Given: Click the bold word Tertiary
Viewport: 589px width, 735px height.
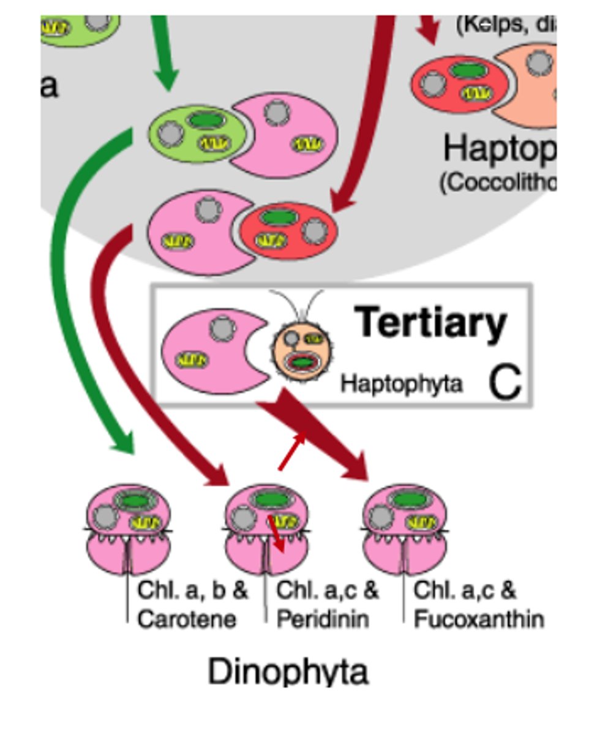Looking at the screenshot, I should (x=430, y=323).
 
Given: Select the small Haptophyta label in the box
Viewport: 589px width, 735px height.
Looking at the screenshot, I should (x=401, y=384).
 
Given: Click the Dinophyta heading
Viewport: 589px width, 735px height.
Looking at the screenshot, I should (x=288, y=672).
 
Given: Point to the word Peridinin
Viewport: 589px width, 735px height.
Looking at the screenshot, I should (x=323, y=619).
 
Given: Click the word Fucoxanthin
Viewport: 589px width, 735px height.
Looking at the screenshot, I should (x=478, y=619).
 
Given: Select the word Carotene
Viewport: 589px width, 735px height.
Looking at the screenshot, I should (x=186, y=619).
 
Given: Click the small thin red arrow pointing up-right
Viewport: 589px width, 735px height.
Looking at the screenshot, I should (x=293, y=450).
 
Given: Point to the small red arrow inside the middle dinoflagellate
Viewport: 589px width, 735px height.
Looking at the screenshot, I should (x=276, y=533).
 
